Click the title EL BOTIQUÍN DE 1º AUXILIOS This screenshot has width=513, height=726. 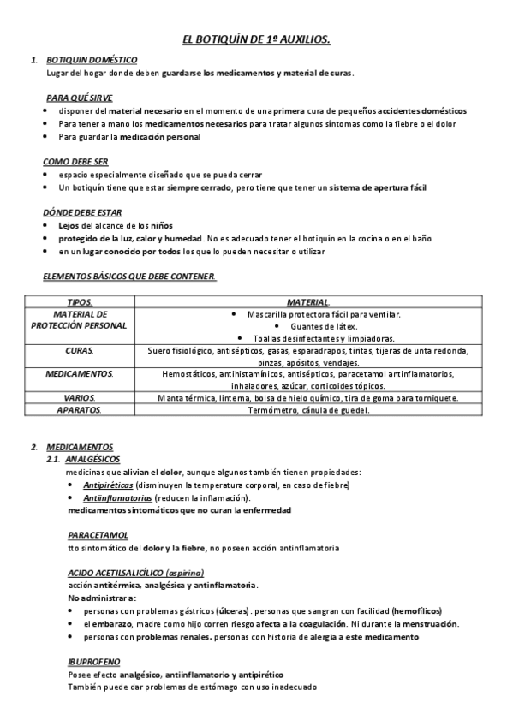click(257, 39)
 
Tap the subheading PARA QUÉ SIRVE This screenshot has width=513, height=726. click(79, 98)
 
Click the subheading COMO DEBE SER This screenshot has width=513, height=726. click(75, 161)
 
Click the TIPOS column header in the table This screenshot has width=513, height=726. click(79, 302)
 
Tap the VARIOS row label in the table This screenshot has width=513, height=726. click(79, 397)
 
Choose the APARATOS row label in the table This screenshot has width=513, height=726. click(79, 410)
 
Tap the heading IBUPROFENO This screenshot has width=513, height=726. click(93, 662)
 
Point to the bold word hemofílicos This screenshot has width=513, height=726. click(417, 611)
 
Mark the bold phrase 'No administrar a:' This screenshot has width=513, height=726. click(102, 598)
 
